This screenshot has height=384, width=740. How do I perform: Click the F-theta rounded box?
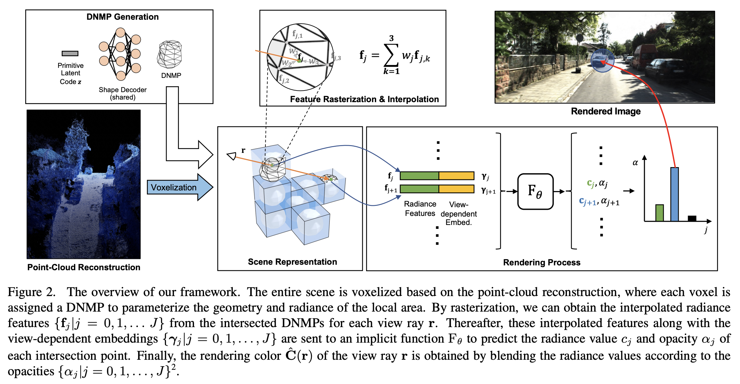535,191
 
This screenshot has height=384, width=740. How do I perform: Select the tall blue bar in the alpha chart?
674,194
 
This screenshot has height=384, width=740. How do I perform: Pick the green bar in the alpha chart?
659,213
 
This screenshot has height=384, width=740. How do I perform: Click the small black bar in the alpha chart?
692,219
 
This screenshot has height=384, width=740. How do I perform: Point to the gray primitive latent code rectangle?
70,53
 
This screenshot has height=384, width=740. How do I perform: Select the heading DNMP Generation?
122,17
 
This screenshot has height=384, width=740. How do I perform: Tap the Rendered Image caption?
605,111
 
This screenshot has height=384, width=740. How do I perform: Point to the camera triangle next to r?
232,156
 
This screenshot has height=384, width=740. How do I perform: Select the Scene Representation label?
292,262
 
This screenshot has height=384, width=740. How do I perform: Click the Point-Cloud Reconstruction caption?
84,267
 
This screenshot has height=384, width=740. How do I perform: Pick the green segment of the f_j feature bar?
419,176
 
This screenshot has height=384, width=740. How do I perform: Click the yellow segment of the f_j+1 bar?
457,189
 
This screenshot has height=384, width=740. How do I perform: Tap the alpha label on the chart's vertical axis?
635,163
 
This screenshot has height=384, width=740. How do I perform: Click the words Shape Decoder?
122,90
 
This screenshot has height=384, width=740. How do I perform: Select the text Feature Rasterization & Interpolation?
364,99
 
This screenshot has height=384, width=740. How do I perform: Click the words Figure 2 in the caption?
31,292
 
